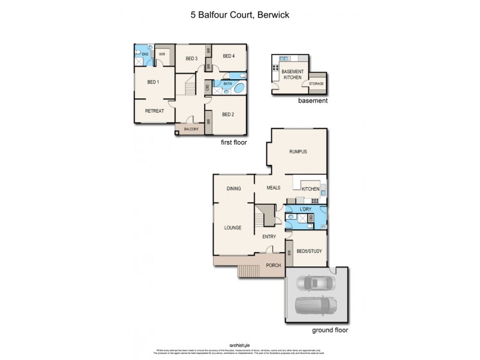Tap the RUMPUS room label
coord(298,152)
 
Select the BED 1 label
coord(152,82)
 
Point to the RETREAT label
coord(155,110)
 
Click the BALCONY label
coord(191,129)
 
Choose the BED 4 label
coord(228,56)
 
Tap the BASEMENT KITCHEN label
coord(293,74)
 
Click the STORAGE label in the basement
coord(316,83)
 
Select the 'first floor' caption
coord(234,143)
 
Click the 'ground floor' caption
coord(328,330)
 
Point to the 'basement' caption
coord(313,101)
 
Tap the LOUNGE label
coord(233,227)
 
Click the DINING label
coord(233,188)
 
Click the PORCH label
coord(274,265)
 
